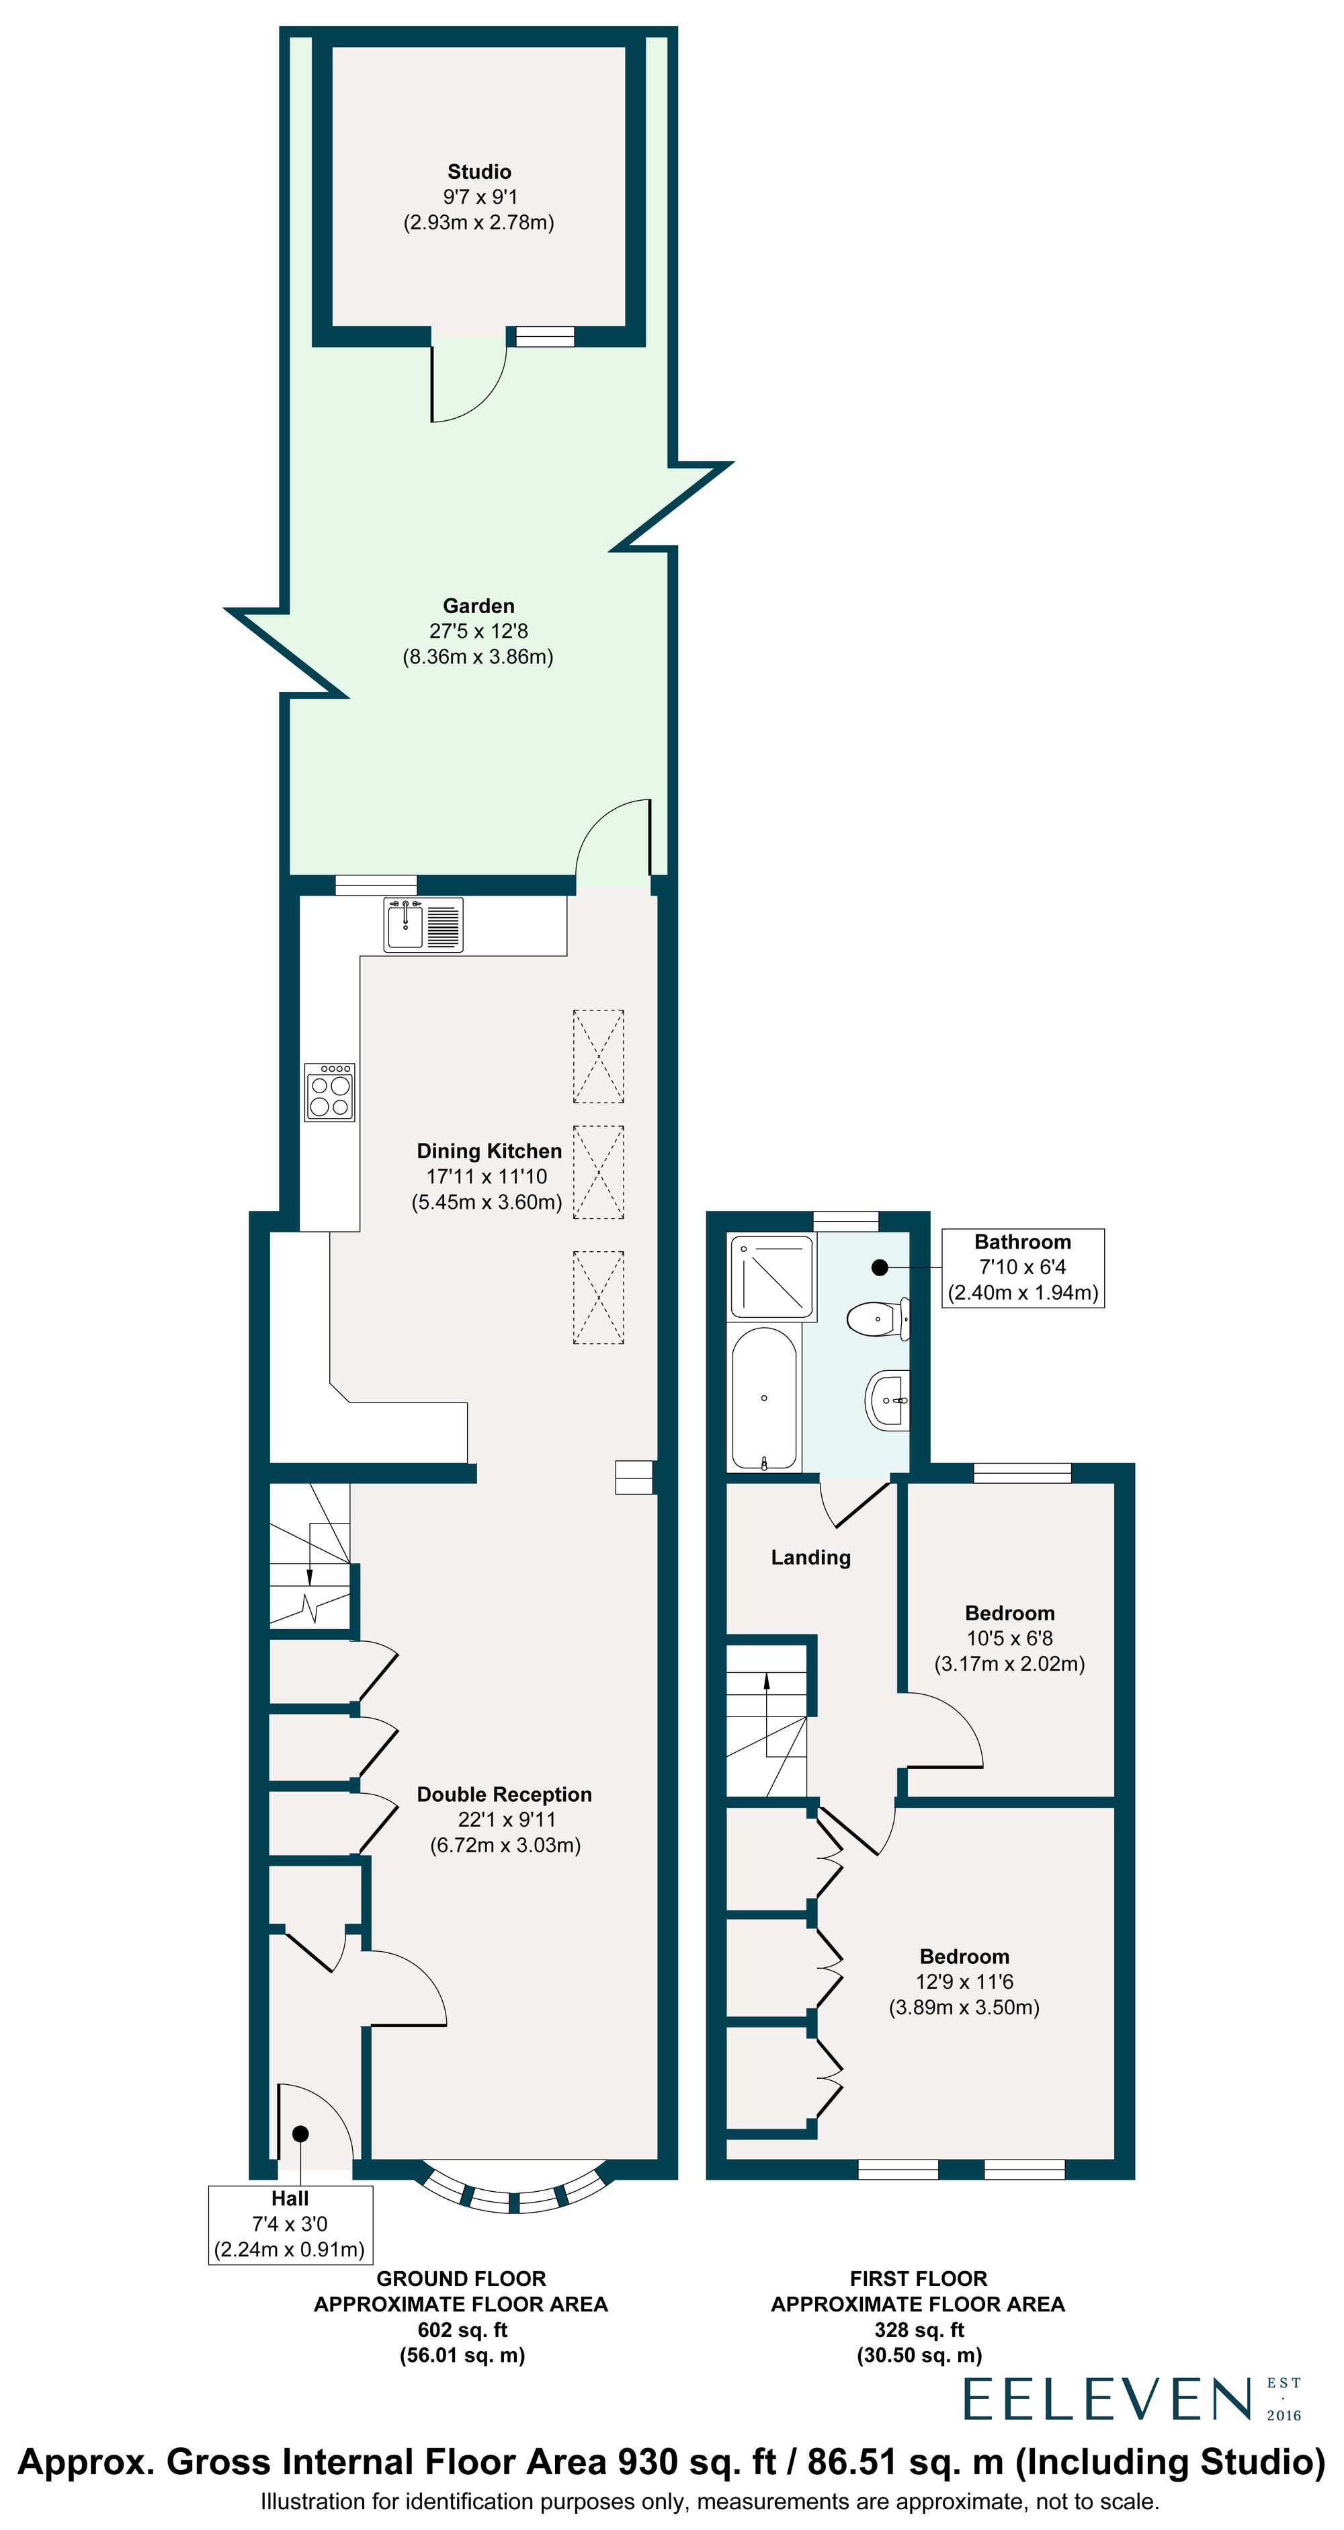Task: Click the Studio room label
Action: [479, 172]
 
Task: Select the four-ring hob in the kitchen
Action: [330, 1092]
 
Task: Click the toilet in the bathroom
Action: [877, 1319]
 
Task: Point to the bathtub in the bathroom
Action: [764, 1398]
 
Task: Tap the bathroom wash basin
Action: [888, 1400]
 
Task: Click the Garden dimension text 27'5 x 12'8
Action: [478, 631]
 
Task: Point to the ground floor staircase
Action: [309, 1556]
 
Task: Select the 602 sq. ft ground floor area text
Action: [462, 2330]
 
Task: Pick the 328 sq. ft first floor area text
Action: [919, 2330]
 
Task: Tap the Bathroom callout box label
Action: [1022, 1242]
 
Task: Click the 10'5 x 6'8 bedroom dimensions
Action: [1009, 1638]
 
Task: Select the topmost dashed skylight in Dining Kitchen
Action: [598, 1056]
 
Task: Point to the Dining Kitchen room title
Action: [489, 1151]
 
